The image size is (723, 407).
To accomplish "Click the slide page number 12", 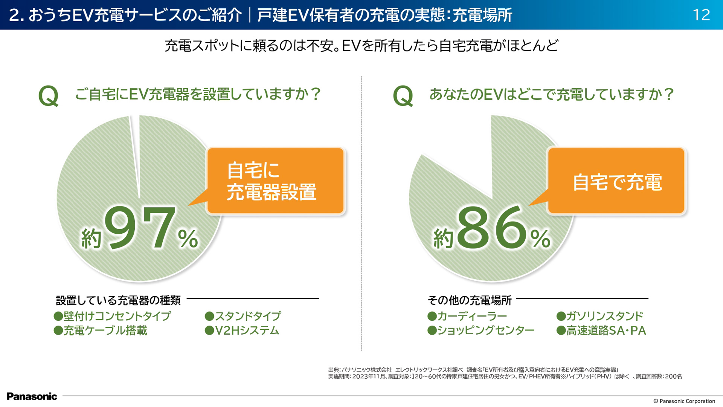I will (701, 15).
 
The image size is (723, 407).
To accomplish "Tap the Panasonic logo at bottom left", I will (32, 396).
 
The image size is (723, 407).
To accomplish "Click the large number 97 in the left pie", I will (140, 228).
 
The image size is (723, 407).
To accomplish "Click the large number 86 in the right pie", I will (492, 228).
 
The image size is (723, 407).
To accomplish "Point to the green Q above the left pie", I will (49, 96).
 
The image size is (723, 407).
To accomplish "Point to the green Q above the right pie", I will (403, 96).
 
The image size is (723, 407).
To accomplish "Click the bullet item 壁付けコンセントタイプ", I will (113, 316).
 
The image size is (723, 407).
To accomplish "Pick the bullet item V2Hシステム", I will (242, 330).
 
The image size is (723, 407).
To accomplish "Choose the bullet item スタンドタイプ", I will (243, 316).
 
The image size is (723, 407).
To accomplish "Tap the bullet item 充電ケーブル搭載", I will (101, 330).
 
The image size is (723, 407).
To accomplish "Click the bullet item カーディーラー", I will (467, 316).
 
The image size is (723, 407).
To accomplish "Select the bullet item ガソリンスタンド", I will (600, 316).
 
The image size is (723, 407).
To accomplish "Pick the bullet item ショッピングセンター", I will (481, 330).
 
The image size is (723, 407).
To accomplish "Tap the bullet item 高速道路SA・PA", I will (601, 330).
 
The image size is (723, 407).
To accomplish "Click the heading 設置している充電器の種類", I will (118, 300).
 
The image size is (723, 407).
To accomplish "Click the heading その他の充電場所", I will (470, 300).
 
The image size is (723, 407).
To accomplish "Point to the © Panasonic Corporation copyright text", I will (684, 401).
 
